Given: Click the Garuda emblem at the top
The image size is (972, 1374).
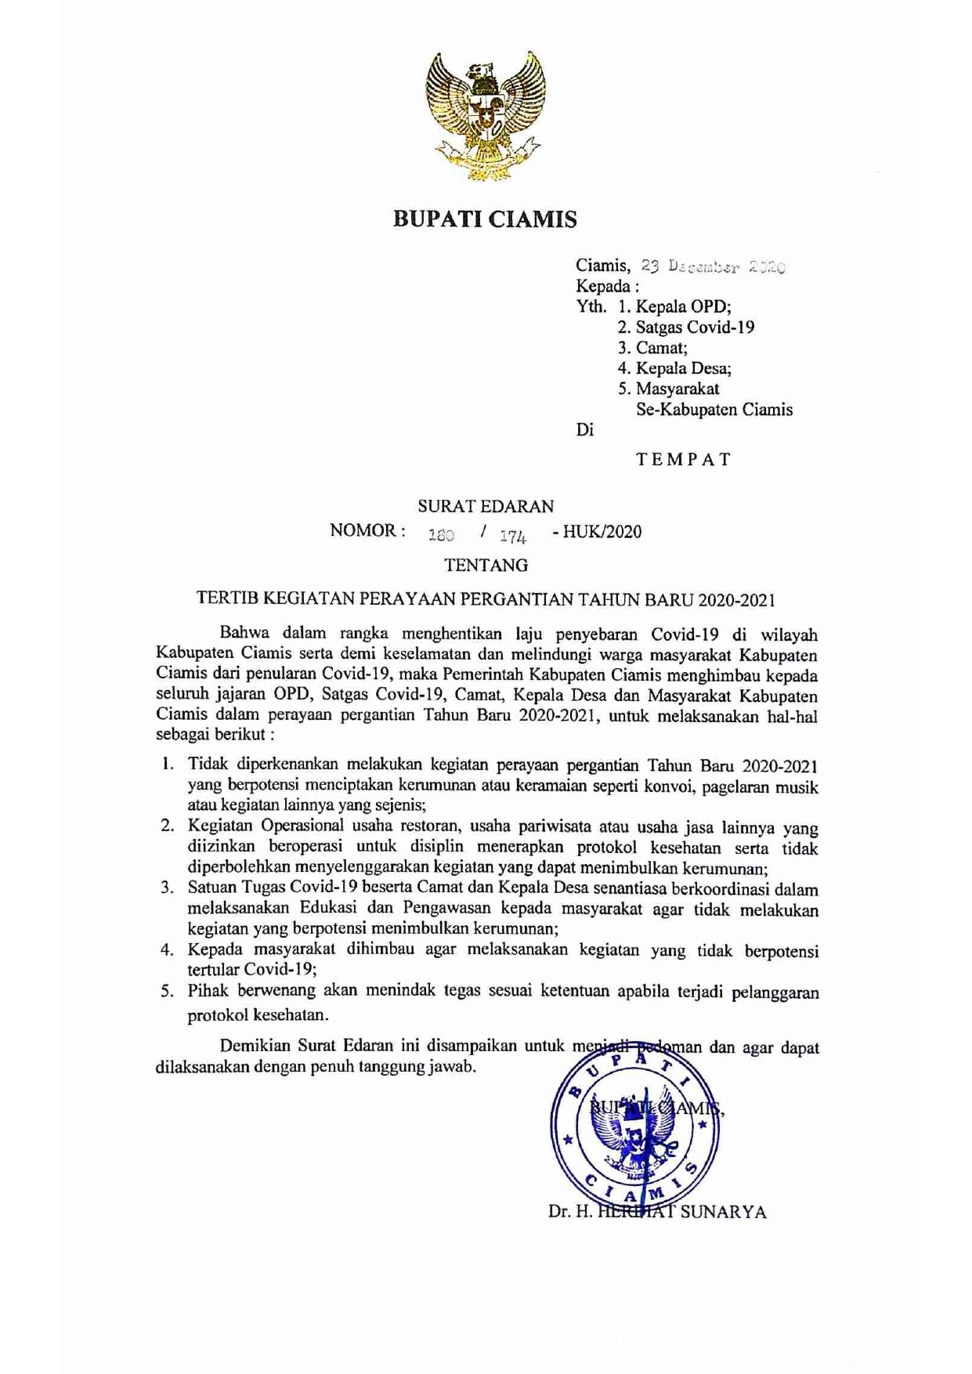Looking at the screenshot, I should [485, 116].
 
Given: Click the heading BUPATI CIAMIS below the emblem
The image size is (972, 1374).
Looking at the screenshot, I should [485, 219].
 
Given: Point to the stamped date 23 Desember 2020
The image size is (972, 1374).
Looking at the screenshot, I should [714, 266].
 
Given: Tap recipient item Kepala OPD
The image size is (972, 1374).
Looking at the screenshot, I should [683, 307].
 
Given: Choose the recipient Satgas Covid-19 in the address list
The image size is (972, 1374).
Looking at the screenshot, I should [695, 327].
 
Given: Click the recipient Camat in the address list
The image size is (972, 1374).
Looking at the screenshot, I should [661, 348].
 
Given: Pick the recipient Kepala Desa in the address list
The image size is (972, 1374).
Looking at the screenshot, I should [683, 368].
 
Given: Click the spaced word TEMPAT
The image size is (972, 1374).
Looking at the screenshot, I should [683, 459].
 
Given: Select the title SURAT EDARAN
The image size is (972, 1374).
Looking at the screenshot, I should [486, 507].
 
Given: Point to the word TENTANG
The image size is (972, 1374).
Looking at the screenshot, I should [486, 565].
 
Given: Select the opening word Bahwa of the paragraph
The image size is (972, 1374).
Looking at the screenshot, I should [244, 632].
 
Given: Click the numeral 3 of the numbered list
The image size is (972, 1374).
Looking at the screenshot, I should [166, 888].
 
